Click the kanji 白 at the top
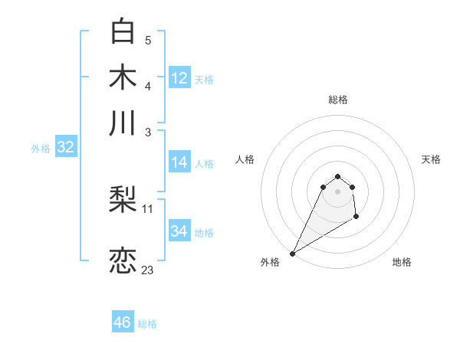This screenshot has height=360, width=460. point(123,31)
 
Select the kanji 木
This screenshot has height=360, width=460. point(123,77)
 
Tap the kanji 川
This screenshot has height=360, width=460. point(123,123)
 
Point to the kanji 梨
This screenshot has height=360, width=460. point(123,201)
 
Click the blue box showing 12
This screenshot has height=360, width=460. point(179,77)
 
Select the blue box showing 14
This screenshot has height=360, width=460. point(179,162)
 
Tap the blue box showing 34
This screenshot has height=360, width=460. point(179,231)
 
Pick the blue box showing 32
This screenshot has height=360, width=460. point(66,148)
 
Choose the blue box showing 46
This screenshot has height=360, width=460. point(123,322)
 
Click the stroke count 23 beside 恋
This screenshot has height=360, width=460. point(147,270)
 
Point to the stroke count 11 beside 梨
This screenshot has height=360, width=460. point(148,208)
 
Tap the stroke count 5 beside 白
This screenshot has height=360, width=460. point(148,40)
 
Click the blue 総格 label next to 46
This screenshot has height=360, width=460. point(147,324)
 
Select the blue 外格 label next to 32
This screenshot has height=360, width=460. point(41,149)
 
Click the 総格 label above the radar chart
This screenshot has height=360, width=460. point(337,100)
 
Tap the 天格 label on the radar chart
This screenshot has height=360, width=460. point(431,159)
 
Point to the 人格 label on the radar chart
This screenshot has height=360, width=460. point(245,159)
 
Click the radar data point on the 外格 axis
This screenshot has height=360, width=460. point(292,254)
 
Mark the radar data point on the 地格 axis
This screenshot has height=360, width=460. point(356,218)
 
